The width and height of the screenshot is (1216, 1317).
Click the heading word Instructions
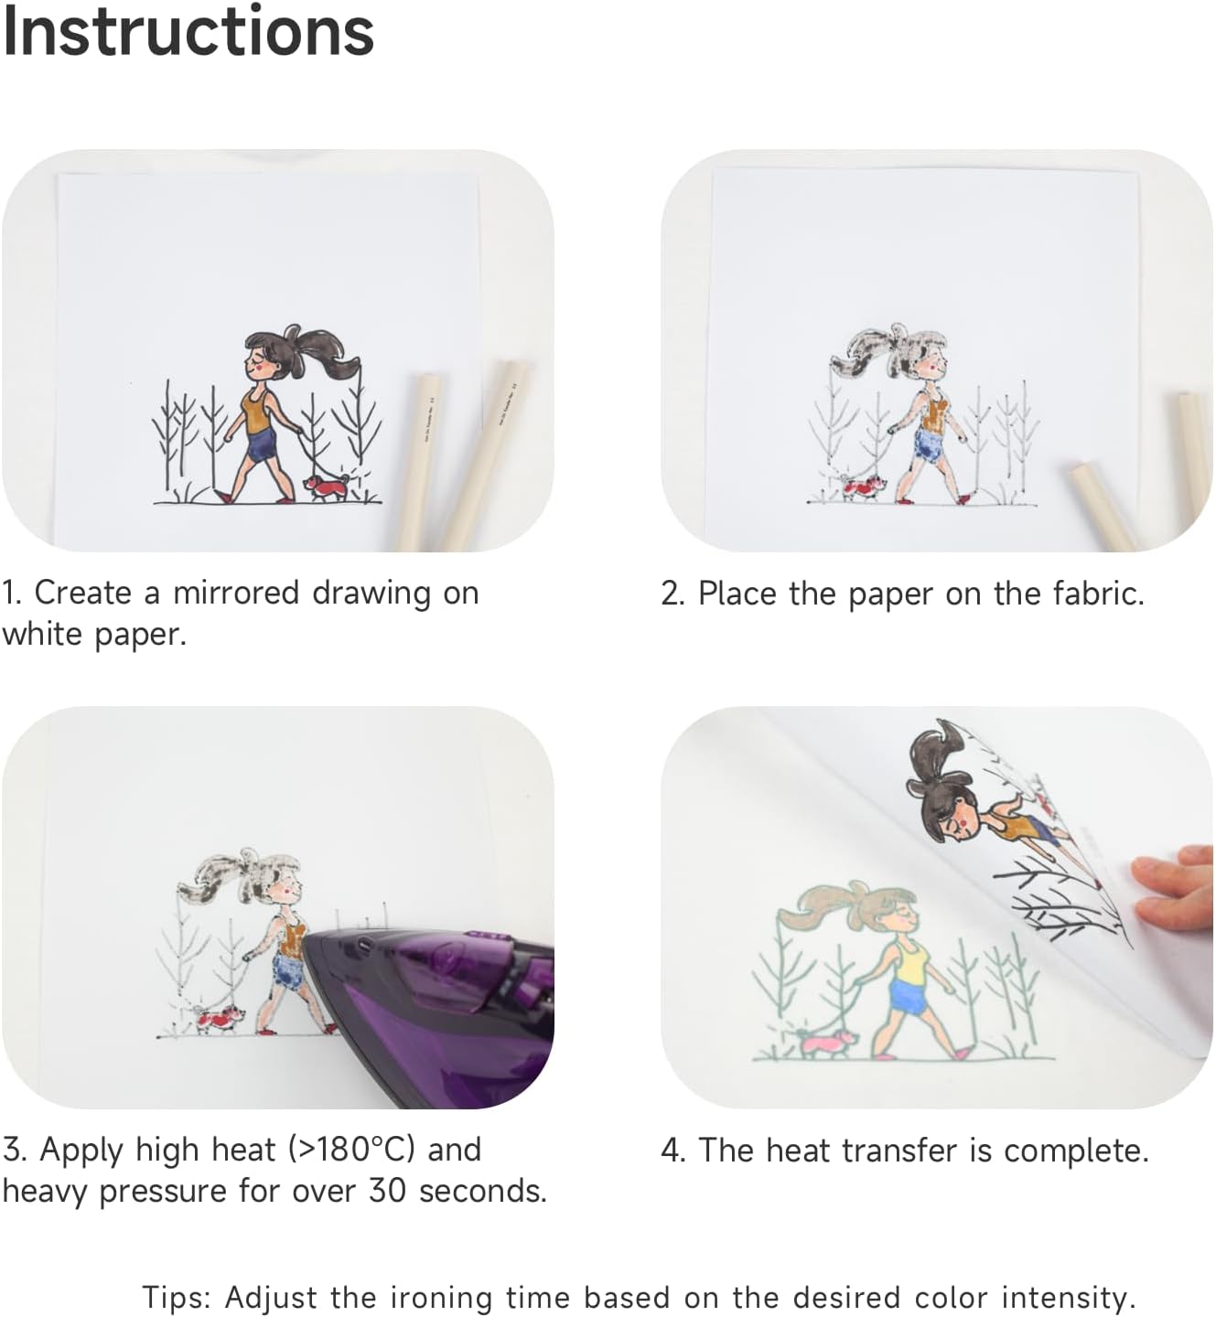[188, 32]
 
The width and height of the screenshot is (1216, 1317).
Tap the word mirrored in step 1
[237, 594]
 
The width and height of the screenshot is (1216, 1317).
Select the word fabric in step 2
[1097, 594]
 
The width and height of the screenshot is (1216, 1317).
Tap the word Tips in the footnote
[176, 1298]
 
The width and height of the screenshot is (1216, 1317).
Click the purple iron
[430, 1015]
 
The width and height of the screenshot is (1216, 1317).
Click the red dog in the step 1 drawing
[327, 487]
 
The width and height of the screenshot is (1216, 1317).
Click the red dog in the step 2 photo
[863, 486]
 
